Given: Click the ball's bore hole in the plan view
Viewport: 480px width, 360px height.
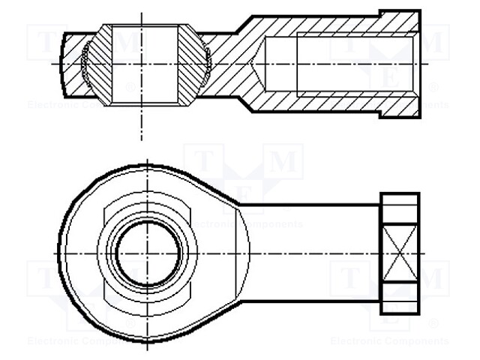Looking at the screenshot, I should (x=147, y=253).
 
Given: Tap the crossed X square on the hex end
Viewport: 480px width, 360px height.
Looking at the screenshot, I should (x=398, y=253).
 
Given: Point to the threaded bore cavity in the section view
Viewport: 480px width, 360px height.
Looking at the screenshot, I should (x=337, y=63).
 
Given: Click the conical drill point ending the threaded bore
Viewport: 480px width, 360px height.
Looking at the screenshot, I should (x=259, y=63).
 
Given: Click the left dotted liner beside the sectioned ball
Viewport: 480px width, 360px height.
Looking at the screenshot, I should (x=86, y=63).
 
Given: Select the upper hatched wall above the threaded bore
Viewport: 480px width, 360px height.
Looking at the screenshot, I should (x=330, y=28).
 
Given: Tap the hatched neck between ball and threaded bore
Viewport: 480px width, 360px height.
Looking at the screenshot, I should (x=232, y=63).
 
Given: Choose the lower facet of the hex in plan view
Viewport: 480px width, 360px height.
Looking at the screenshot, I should (x=398, y=298).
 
